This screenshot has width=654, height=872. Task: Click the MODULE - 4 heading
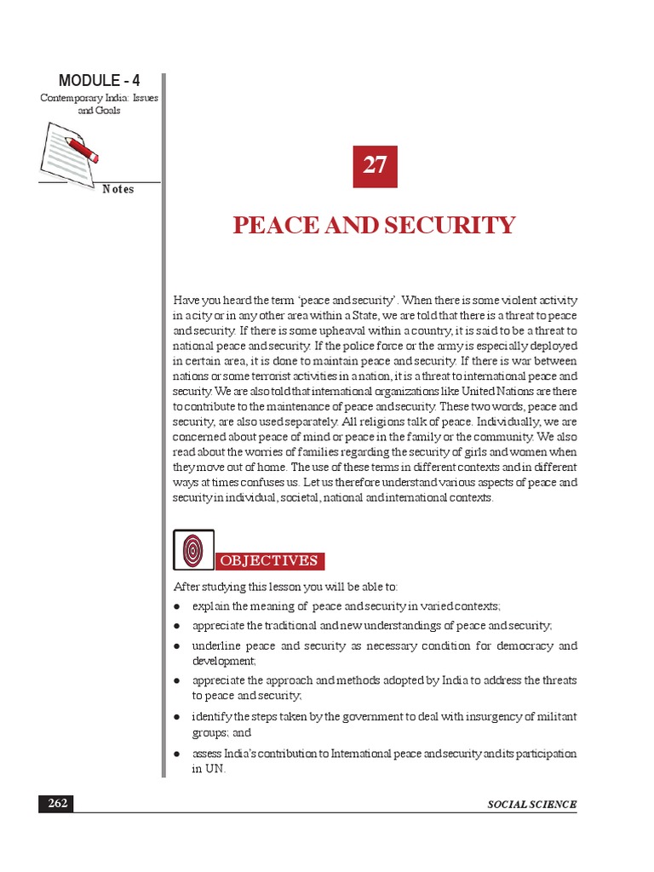pos(99,81)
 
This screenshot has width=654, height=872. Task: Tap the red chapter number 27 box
pos(376,166)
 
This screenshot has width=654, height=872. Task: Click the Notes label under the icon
pos(118,189)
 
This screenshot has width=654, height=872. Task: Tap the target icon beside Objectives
pos(193,550)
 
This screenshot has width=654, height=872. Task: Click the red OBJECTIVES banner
pos(270,560)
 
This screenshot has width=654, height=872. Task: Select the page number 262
pos(55,804)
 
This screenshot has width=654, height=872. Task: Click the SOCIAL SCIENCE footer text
pos(531,805)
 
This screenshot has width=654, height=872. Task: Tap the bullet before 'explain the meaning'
pos(176,606)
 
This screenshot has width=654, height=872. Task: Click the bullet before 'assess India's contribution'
pos(176,754)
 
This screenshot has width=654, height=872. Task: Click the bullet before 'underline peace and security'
pos(176,646)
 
